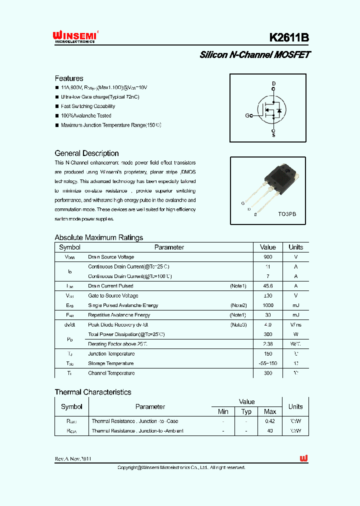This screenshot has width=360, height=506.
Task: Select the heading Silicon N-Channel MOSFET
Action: [254, 55]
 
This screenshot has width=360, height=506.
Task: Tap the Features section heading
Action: [69, 78]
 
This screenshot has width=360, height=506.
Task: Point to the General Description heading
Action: [86, 153]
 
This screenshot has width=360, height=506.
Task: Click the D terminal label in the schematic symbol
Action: [273, 83]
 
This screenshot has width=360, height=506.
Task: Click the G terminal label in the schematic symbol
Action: [247, 115]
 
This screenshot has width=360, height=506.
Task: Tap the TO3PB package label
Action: [287, 213]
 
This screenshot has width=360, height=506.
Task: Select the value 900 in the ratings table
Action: [268, 257]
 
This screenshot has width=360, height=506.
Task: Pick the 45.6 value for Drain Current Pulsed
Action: [268, 286]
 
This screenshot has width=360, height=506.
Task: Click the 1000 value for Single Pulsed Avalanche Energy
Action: [268, 305]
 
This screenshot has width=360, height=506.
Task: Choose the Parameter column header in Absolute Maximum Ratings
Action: [169, 247]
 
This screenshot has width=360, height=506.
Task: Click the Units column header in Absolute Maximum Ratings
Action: [295, 247]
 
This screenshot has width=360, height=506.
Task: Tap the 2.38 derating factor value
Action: [268, 344]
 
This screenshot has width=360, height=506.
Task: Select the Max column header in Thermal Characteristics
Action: [270, 411]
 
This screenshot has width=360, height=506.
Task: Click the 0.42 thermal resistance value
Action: [270, 421]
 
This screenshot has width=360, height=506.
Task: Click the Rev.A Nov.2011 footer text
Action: [73, 458]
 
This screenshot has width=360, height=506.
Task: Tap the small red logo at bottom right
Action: [303, 458]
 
